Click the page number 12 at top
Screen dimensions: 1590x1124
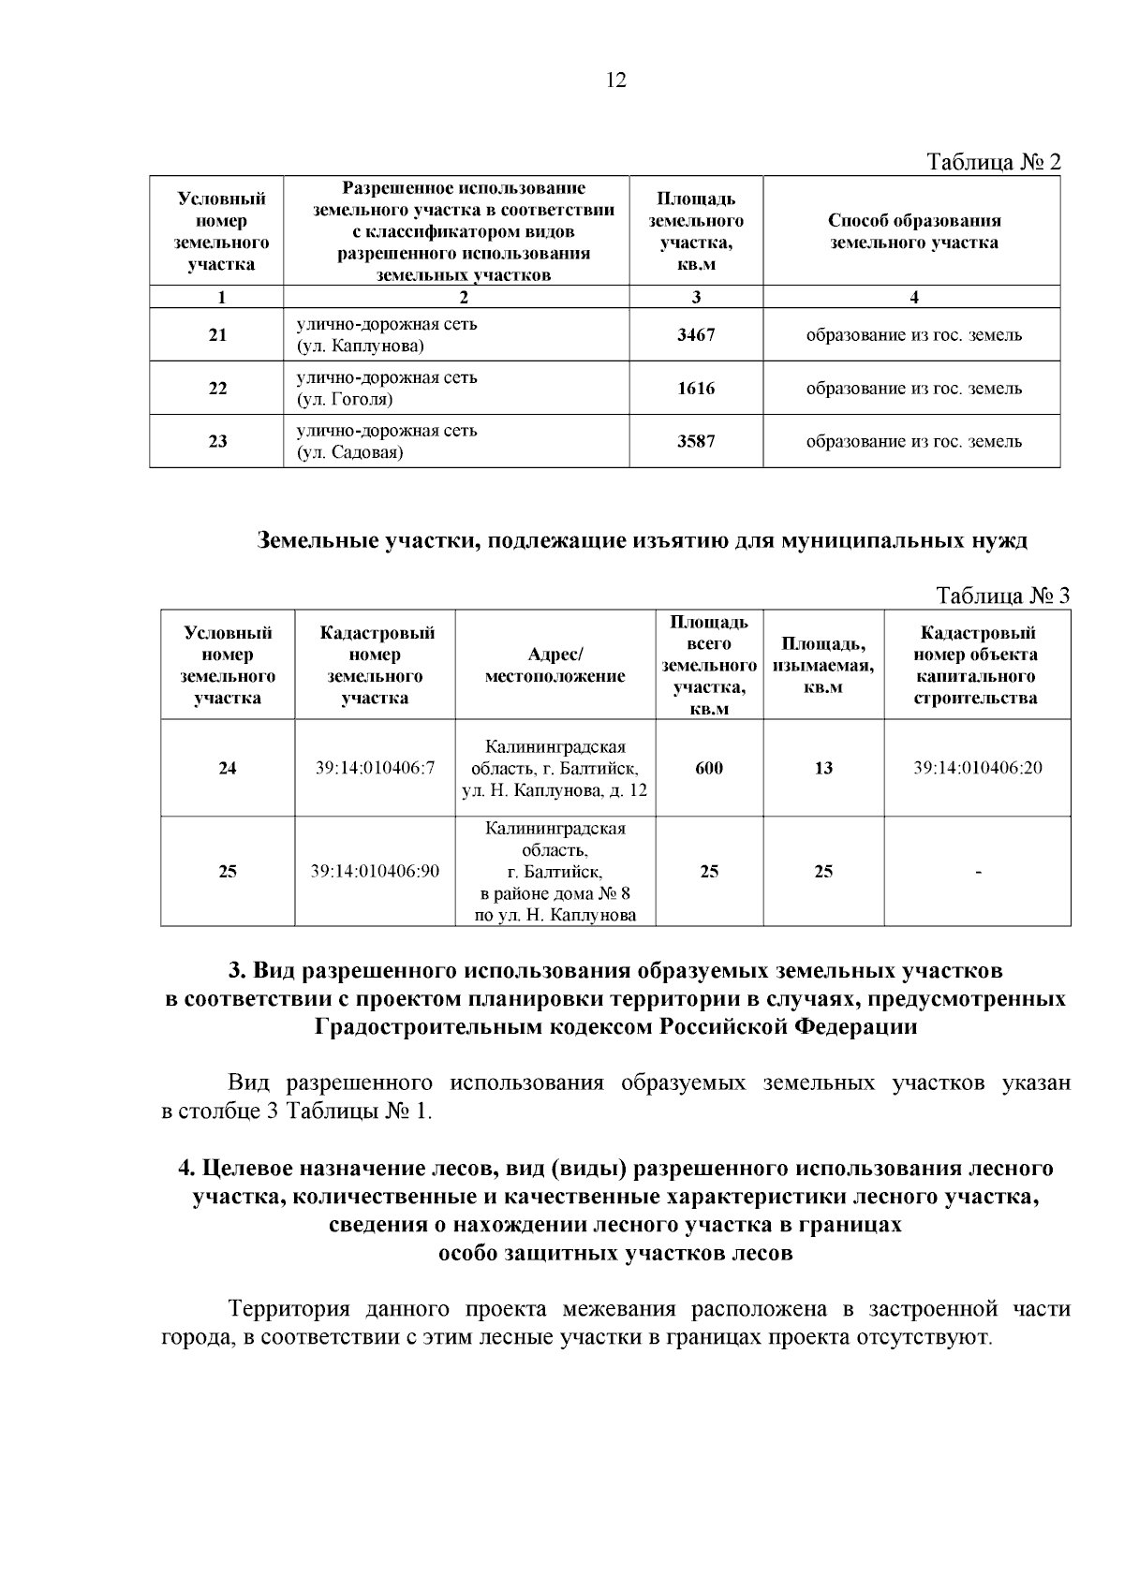(x=615, y=81)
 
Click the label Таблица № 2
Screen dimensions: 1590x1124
(x=994, y=162)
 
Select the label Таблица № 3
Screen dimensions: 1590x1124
(x=1002, y=596)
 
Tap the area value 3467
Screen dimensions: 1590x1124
(x=696, y=335)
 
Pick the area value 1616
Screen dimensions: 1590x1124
(x=696, y=389)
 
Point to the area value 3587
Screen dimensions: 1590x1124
(x=696, y=441)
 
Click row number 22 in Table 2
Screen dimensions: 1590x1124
(x=217, y=389)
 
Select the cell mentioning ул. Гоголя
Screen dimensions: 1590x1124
(x=387, y=389)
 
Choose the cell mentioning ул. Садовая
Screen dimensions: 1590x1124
(x=387, y=442)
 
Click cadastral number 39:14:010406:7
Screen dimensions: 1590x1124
(x=375, y=769)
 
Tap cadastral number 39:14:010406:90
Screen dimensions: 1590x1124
(x=375, y=872)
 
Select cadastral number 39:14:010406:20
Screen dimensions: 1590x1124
(x=978, y=769)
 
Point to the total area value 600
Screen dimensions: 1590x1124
(x=709, y=769)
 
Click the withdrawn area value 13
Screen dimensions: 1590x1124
(x=823, y=769)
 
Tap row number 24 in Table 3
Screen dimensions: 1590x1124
(x=228, y=769)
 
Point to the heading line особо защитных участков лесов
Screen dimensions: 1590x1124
(x=615, y=1254)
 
